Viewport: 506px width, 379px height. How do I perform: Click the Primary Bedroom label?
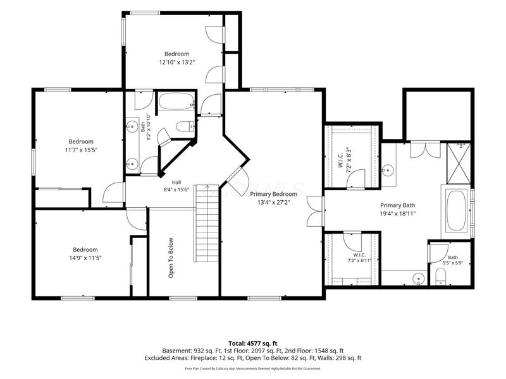pyautogui.click(x=273, y=194)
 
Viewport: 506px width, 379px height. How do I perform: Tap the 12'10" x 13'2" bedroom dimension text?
pyautogui.click(x=177, y=62)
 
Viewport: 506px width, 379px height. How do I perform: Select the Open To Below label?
pyautogui.click(x=171, y=258)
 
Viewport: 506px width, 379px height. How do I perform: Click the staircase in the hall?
pyautogui.click(x=207, y=224)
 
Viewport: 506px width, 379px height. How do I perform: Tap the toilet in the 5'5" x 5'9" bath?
pyautogui.click(x=440, y=277)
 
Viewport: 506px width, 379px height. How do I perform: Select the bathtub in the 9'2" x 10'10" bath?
pyautogui.click(x=176, y=102)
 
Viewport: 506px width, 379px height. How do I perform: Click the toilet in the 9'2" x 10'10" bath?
pyautogui.click(x=185, y=126)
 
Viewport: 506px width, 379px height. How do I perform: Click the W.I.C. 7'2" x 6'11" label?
pyautogui.click(x=359, y=258)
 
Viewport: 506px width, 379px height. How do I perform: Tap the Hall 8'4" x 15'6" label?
pyautogui.click(x=176, y=186)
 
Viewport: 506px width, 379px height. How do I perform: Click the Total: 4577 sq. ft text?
pyautogui.click(x=252, y=343)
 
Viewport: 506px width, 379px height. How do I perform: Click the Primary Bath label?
pyautogui.click(x=398, y=205)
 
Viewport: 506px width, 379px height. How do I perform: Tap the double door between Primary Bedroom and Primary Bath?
pyautogui.click(x=315, y=211)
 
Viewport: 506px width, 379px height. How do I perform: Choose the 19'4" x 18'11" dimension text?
pyautogui.click(x=398, y=214)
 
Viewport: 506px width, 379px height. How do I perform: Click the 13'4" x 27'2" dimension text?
pyautogui.click(x=273, y=202)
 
